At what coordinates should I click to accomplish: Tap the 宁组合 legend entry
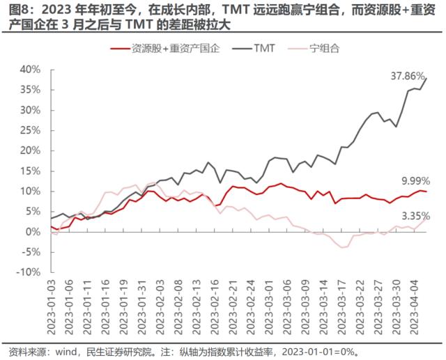click(326, 48)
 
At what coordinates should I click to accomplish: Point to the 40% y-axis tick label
click(31, 70)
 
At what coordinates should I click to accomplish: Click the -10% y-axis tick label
click(30, 272)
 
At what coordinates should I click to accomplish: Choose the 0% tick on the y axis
click(36, 231)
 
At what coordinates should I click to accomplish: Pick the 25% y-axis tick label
click(31, 130)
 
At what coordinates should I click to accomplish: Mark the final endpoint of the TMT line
click(426, 77)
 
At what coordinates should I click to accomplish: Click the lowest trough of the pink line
click(341, 247)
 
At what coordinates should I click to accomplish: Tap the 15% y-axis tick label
click(31, 171)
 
